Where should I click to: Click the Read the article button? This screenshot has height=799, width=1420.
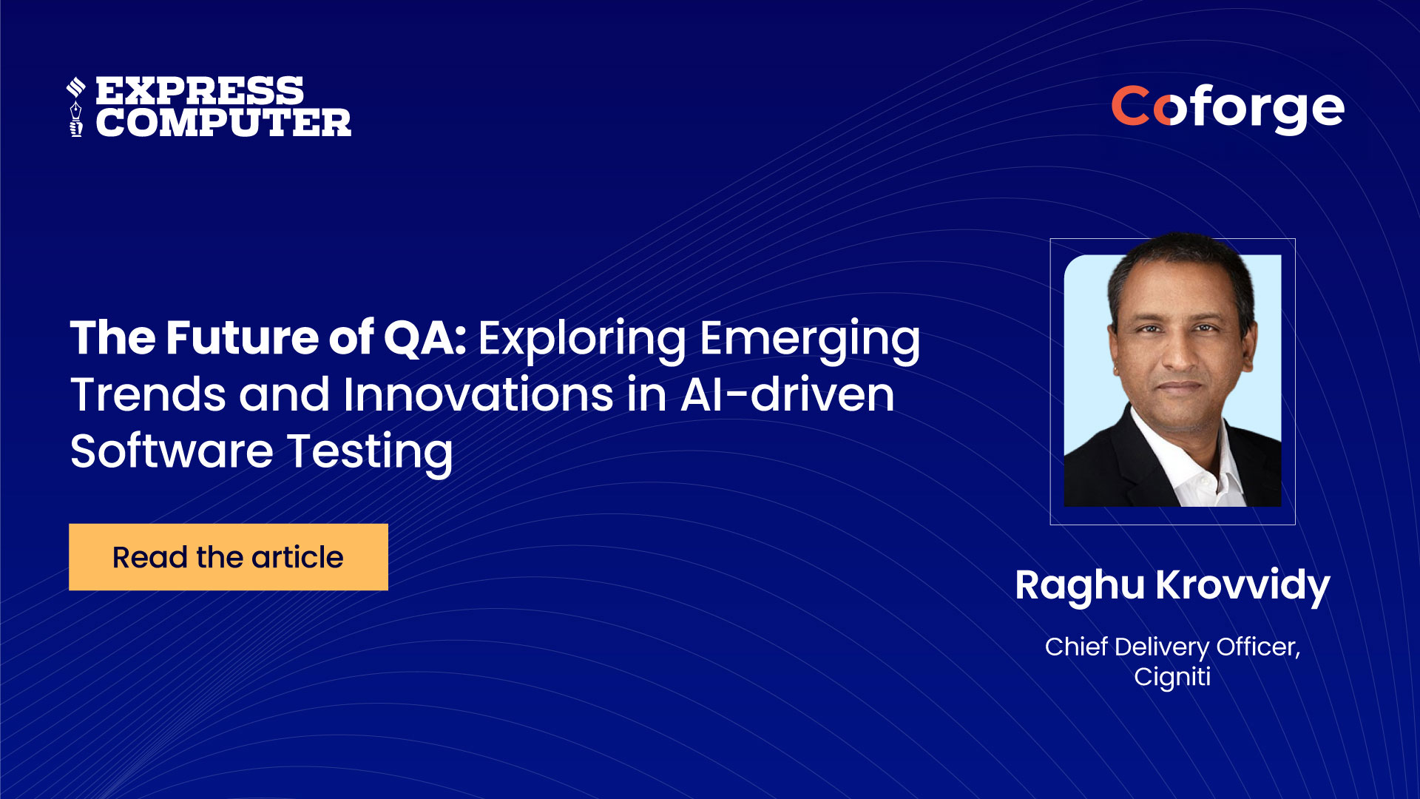tap(229, 557)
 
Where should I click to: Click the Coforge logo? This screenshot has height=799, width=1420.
tap(1228, 109)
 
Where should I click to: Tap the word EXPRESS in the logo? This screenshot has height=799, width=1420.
tap(200, 91)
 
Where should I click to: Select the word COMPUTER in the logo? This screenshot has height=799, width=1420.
tap(223, 123)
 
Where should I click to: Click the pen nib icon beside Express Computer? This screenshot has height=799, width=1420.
tap(75, 107)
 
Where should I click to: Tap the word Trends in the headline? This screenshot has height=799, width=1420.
tap(148, 394)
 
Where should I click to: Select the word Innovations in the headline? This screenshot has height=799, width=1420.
tap(478, 394)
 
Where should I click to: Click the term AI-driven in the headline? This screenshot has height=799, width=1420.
tap(787, 394)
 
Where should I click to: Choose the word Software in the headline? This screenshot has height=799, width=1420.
tap(172, 451)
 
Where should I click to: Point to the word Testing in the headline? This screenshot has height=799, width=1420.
tap(370, 454)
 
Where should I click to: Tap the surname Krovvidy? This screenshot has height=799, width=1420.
tap(1243, 587)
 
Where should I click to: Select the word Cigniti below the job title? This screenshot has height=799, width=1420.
tap(1172, 678)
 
